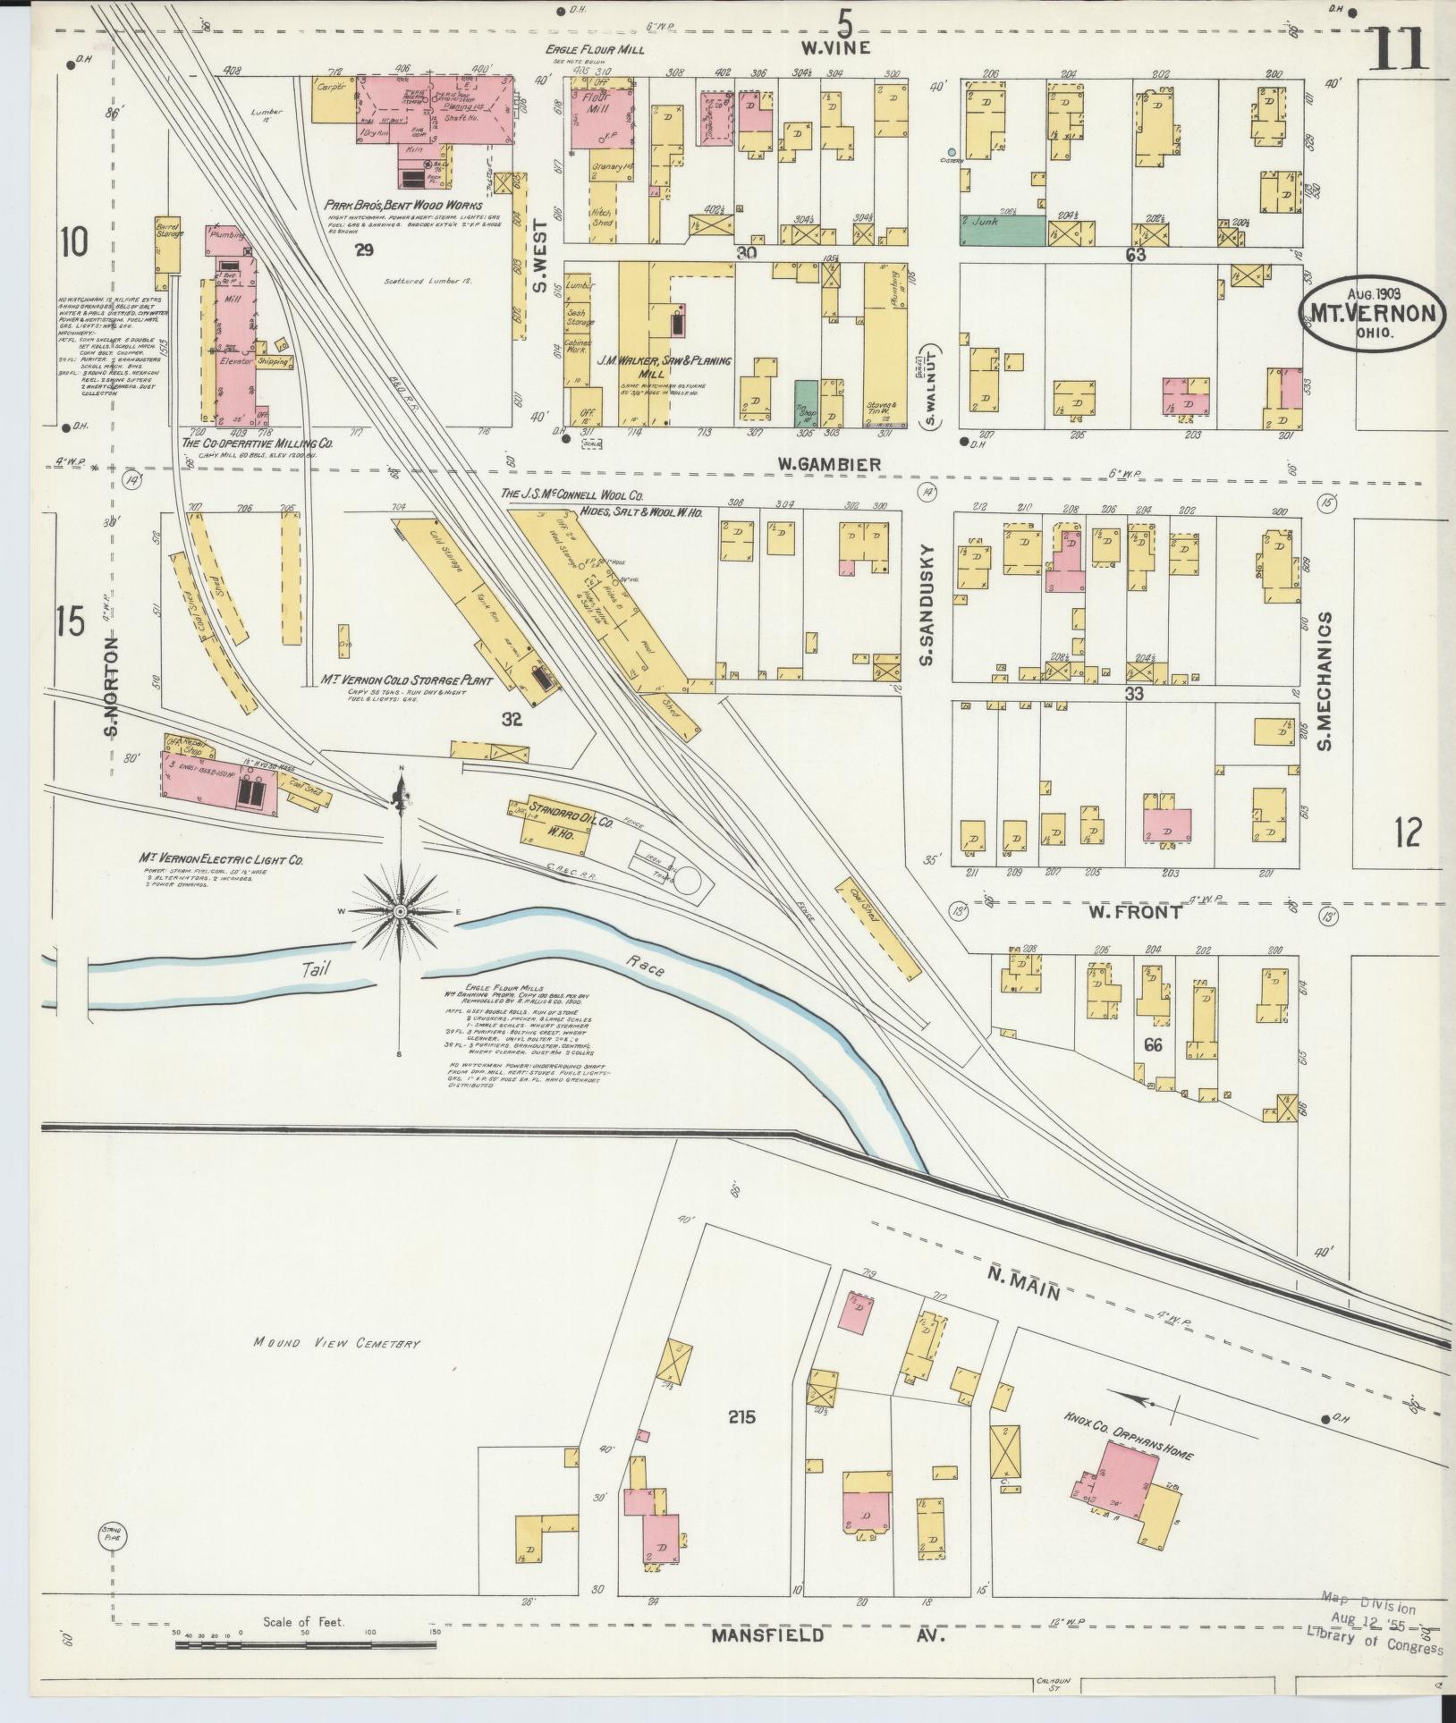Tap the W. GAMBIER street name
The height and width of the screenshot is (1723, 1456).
pos(828,465)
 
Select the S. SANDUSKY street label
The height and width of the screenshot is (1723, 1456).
pos(927,604)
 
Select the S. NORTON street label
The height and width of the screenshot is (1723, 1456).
pos(112,687)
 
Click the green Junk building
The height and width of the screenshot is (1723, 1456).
pos(1002,231)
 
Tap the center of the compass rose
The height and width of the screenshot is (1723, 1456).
pos(401,911)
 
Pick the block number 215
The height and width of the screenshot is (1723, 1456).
pos(741,1416)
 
